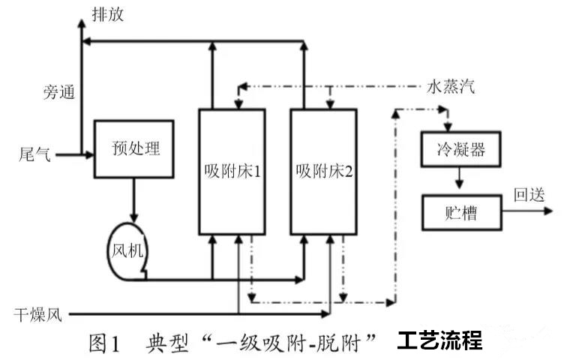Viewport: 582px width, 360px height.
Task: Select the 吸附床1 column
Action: pyautogui.click(x=232, y=171)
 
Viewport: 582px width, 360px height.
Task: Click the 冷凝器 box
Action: pyautogui.click(x=460, y=148)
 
